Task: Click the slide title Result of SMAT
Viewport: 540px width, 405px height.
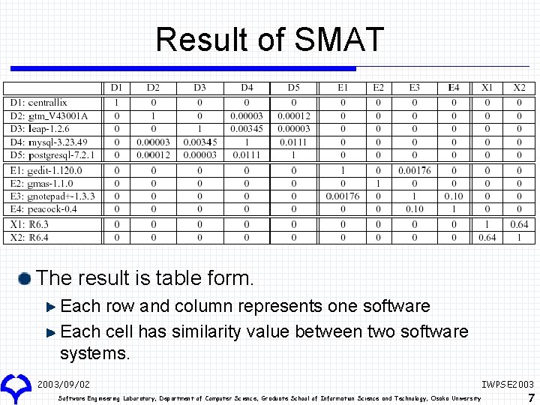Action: point(269,40)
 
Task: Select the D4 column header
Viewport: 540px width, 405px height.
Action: point(247,88)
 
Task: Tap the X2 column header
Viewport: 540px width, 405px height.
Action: point(519,88)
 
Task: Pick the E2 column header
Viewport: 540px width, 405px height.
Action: point(378,88)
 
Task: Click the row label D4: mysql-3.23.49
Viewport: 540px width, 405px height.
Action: point(49,142)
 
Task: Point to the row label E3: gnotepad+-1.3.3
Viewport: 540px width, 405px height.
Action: point(52,196)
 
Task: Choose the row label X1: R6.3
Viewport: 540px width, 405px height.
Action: point(29,224)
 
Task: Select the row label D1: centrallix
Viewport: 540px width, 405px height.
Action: point(38,102)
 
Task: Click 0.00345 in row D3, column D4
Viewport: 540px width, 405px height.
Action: point(247,129)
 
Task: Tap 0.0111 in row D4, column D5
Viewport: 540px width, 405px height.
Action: point(293,142)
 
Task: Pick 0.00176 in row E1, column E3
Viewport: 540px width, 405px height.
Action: point(414,170)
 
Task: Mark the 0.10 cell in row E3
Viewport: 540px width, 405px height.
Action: point(453,196)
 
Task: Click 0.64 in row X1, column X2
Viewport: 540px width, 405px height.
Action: point(519,224)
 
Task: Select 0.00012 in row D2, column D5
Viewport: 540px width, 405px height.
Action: point(293,115)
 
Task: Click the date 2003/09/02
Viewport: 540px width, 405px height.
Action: point(63,384)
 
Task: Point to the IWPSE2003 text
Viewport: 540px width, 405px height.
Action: point(508,384)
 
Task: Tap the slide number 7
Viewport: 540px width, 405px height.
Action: point(531,397)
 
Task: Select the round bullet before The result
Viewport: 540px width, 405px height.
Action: point(25,279)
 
